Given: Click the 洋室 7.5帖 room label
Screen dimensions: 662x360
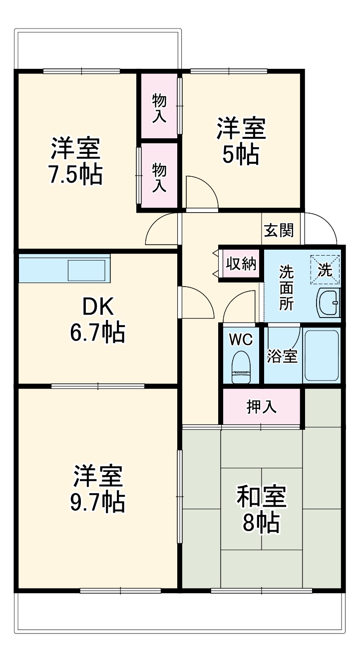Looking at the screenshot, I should (x=76, y=160).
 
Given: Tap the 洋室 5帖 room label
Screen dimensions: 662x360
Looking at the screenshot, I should (x=241, y=141).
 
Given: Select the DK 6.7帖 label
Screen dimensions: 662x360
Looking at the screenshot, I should (x=97, y=320).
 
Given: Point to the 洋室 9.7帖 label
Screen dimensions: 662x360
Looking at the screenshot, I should (x=98, y=489).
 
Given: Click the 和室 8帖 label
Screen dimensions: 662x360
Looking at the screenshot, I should (x=261, y=509).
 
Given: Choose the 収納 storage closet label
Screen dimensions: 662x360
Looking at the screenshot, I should (x=241, y=264).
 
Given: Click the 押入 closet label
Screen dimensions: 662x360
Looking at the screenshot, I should (x=262, y=407).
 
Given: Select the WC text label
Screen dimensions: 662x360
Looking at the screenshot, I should (x=241, y=340).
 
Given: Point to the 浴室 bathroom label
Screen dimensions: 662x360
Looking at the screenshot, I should (x=282, y=356).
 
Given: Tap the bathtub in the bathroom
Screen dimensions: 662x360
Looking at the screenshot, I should (x=322, y=355).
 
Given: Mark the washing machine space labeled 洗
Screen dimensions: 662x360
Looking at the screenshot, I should (x=325, y=270).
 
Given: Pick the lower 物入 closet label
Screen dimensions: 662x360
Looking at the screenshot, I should (x=159, y=177).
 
